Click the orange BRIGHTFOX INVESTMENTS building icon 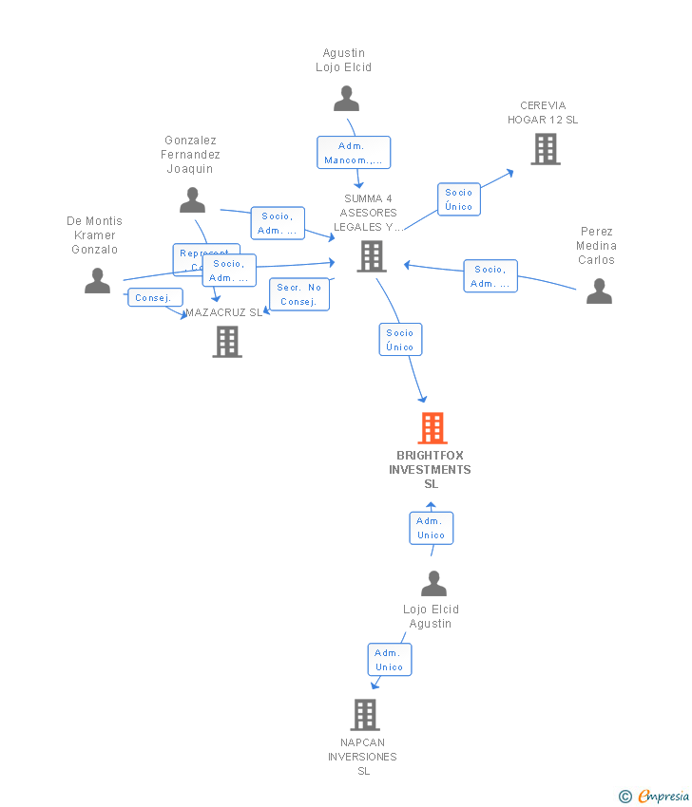pyautogui.click(x=432, y=428)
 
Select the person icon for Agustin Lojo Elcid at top pyautogui.click(x=347, y=99)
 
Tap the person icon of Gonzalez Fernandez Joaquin pyautogui.click(x=193, y=200)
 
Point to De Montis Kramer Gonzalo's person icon pyautogui.click(x=97, y=281)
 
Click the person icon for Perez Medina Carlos pyautogui.click(x=599, y=291)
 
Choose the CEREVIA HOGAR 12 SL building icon pyautogui.click(x=545, y=149)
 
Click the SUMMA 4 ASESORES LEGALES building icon pyautogui.click(x=371, y=255)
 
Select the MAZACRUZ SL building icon pyautogui.click(x=227, y=342)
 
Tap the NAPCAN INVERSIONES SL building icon pyautogui.click(x=365, y=715)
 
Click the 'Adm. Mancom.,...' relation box pyautogui.click(x=354, y=153)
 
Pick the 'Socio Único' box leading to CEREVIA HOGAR pyautogui.click(x=458, y=199)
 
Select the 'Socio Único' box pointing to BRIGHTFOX pyautogui.click(x=400, y=340)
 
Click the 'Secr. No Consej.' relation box pyautogui.click(x=299, y=294)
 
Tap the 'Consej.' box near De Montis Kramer pyautogui.click(x=154, y=298)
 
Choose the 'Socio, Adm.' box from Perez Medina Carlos pyautogui.click(x=490, y=276)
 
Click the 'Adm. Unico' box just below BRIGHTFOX pyautogui.click(x=431, y=528)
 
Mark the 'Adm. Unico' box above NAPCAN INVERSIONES pyautogui.click(x=389, y=660)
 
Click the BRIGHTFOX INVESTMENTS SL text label pyautogui.click(x=430, y=470)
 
